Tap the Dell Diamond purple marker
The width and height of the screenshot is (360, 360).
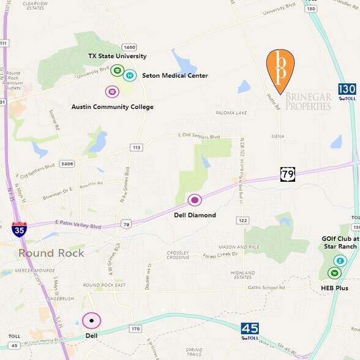coord(195,200)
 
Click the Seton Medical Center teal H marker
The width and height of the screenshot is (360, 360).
coord(130,76)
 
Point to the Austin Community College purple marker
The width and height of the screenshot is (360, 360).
coord(112,92)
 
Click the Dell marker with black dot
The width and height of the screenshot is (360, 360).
coord(92,320)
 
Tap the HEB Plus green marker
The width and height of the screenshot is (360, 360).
coord(334,273)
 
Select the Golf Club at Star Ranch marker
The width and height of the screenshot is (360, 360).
coord(340,261)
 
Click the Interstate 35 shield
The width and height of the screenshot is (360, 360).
coord(19,230)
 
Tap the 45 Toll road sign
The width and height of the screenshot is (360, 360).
coord(249,331)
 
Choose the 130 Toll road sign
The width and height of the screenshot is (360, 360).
coord(347,92)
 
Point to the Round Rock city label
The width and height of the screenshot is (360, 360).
coord(51,253)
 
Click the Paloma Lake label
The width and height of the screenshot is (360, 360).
coord(230,113)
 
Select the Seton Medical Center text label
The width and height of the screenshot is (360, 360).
coord(175,76)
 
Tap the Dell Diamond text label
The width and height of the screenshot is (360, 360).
coord(195,215)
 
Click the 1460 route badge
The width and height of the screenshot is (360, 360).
coord(129,47)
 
